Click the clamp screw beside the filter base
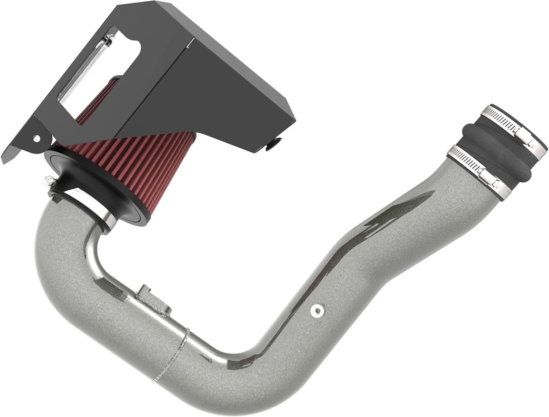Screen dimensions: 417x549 (x=48, y=180)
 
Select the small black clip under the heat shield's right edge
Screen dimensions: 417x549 (x=273, y=145)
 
